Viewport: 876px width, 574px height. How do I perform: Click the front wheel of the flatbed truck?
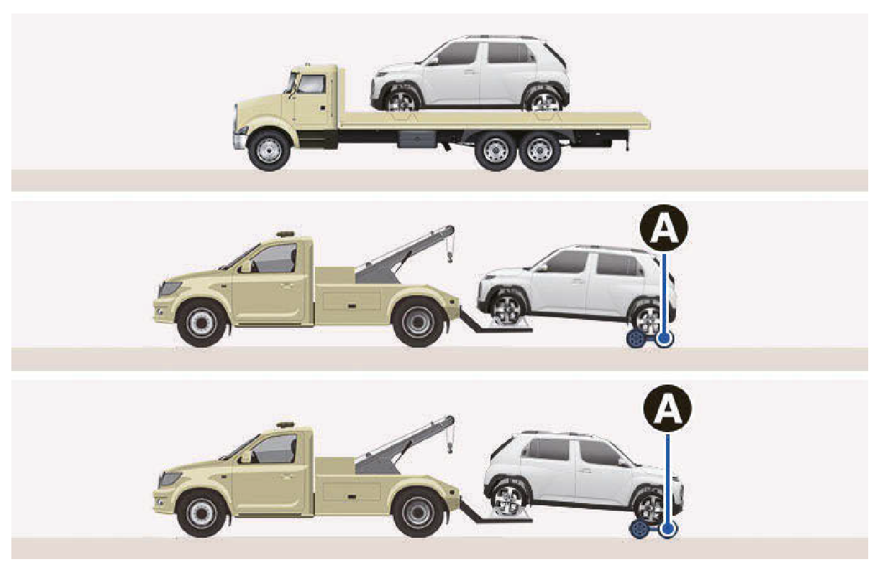pyautogui.click(x=269, y=150)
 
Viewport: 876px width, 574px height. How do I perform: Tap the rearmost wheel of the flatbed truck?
pyautogui.click(x=539, y=151)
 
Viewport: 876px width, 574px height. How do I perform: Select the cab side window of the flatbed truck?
pyautogui.click(x=311, y=84)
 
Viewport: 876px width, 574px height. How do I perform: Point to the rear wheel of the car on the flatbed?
pyautogui.click(x=543, y=101)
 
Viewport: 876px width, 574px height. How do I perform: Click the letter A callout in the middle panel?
pyautogui.click(x=664, y=228)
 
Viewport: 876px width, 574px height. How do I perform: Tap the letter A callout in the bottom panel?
pyautogui.click(x=667, y=409)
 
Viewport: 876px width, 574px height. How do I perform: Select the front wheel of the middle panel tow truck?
pyautogui.click(x=201, y=323)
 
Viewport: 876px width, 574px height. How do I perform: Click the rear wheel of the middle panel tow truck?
pyautogui.click(x=418, y=322)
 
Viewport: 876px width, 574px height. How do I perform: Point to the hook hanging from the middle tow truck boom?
pyautogui.click(x=450, y=257)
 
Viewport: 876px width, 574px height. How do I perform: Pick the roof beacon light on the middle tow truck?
pyautogui.click(x=285, y=234)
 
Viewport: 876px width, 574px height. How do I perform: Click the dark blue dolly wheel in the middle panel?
pyautogui.click(x=635, y=339)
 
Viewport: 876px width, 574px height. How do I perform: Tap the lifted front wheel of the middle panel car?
pyautogui.click(x=508, y=309)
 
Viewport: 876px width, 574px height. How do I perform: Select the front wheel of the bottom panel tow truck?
pyautogui.click(x=201, y=512)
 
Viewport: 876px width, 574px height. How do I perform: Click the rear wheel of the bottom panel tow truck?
pyautogui.click(x=418, y=512)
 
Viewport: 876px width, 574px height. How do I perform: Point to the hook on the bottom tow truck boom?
pyautogui.click(x=450, y=447)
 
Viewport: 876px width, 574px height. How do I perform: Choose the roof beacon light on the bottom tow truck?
pyautogui.click(x=285, y=424)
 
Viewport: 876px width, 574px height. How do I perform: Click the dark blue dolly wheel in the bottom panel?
pyautogui.click(x=638, y=529)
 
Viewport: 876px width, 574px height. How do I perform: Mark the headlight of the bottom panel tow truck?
pyautogui.click(x=169, y=478)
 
